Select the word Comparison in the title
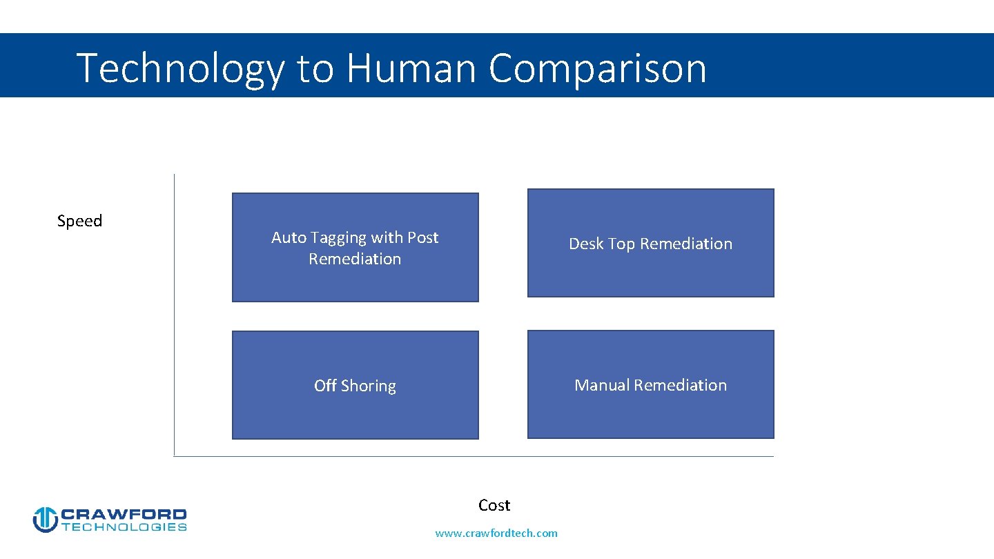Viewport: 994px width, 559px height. (598, 69)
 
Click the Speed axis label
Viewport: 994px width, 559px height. (79, 221)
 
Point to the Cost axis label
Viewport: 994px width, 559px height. (494, 505)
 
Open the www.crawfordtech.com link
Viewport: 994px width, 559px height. (496, 533)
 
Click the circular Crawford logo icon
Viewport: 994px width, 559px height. (45, 520)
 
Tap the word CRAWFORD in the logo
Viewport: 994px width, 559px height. (124, 514)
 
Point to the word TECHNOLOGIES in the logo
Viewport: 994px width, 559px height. (124, 527)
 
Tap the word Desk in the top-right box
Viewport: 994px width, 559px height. (585, 244)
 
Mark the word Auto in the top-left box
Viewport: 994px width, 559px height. (289, 237)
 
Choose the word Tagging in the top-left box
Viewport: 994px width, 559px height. (338, 238)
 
